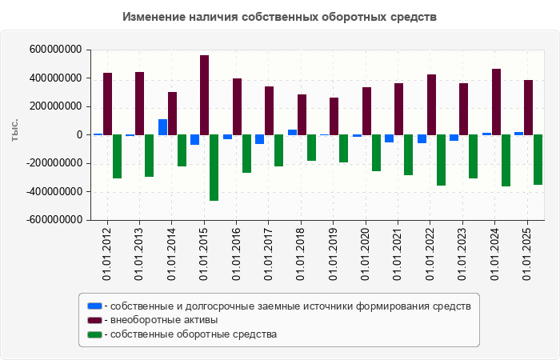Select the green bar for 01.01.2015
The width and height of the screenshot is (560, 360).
(214, 167)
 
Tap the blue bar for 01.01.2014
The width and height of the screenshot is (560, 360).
(162, 127)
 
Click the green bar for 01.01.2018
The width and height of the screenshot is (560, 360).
(311, 148)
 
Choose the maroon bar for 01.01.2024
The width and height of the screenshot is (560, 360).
(496, 102)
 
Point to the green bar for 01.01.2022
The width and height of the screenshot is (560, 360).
(441, 160)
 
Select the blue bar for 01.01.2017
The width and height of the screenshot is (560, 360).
(260, 139)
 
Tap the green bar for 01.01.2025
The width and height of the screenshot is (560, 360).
(538, 160)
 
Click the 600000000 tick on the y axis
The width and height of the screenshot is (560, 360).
(55, 50)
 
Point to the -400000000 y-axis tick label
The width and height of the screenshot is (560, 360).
(54, 191)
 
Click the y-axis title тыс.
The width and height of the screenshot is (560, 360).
(14, 131)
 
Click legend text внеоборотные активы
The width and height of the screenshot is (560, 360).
(164, 320)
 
